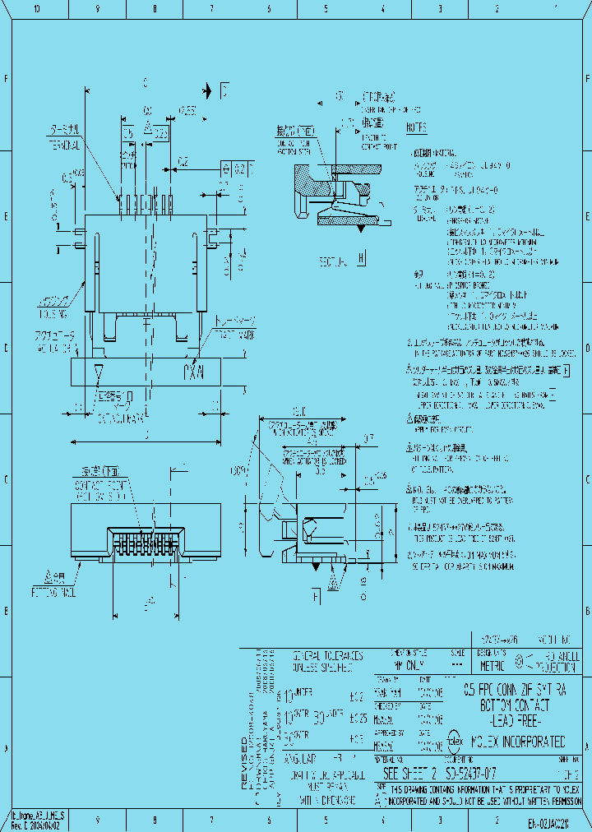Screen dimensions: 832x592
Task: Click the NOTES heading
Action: [416, 128]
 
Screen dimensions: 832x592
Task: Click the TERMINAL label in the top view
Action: [63, 146]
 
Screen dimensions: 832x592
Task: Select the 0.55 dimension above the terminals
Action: [187, 109]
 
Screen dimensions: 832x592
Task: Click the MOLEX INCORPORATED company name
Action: [517, 740]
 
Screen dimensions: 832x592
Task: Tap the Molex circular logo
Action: [454, 740]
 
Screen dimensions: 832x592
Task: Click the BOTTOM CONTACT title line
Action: [515, 705]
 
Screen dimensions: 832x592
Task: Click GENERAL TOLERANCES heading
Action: [328, 656]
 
